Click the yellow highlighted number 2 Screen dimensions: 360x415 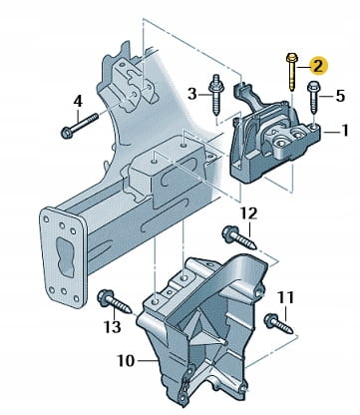coord(318,66)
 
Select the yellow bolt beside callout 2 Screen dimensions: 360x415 coord(291,72)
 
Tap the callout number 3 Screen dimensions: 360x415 coord(192,94)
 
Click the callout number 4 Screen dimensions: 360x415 coord(77,101)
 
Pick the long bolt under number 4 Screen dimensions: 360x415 coord(80,126)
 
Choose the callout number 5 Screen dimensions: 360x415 coord(340,96)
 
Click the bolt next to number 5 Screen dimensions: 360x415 coord(313,97)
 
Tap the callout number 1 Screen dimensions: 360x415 coord(345,130)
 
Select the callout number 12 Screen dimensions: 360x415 coord(249,213)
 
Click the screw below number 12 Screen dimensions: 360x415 coord(239,237)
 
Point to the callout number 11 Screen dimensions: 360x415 coord(286,297)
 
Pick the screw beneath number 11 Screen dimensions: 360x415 coord(278,323)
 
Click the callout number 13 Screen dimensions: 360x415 coord(113,327)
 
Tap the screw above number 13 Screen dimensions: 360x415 coord(115,301)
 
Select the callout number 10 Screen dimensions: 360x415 coord(126,361)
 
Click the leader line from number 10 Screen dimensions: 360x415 coord(148,360)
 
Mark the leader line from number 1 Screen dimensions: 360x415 coord(331,133)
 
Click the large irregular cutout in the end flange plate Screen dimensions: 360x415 coord(65,256)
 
